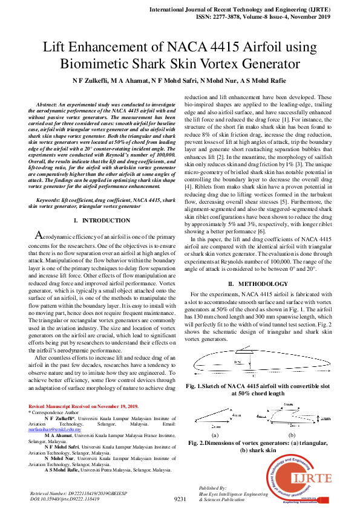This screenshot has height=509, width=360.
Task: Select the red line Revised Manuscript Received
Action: [84, 406]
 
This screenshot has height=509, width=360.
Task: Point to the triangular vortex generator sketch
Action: [214, 415]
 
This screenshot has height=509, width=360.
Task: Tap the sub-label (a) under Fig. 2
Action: [215, 435]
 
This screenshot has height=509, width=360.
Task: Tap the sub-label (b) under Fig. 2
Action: [292, 435]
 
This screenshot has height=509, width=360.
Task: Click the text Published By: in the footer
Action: [212, 487]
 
